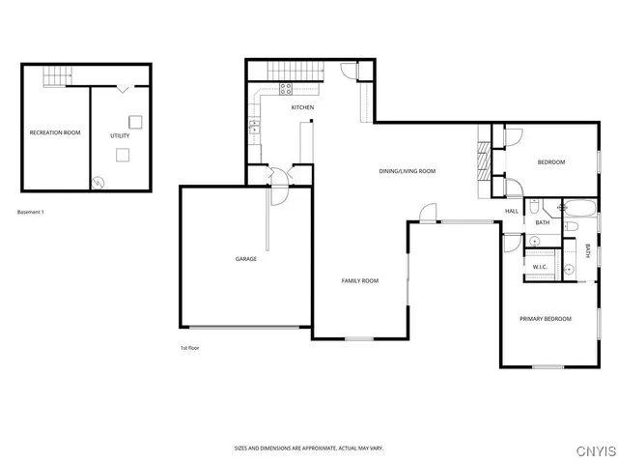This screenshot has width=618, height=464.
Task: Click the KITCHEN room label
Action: tap(302, 107)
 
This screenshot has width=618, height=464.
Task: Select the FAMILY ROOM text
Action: tap(359, 280)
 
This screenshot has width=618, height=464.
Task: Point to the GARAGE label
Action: tap(245, 259)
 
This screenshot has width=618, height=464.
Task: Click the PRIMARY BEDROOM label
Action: tap(546, 319)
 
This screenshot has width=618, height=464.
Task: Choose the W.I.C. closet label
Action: tap(540, 267)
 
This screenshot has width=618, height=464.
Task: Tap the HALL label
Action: tap(511, 211)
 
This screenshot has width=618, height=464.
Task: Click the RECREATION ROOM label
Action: tap(54, 132)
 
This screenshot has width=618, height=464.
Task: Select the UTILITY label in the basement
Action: tap(120, 135)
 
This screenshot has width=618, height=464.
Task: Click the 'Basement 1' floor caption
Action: tap(31, 212)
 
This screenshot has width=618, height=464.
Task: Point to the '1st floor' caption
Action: tap(190, 347)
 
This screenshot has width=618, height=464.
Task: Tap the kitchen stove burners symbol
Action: tap(286, 88)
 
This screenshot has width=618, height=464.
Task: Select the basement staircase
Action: tap(61, 74)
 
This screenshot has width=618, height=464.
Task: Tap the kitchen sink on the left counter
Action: tap(254, 126)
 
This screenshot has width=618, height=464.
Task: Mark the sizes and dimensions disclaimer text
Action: tap(308, 449)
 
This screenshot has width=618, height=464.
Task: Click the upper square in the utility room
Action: tap(136, 122)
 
